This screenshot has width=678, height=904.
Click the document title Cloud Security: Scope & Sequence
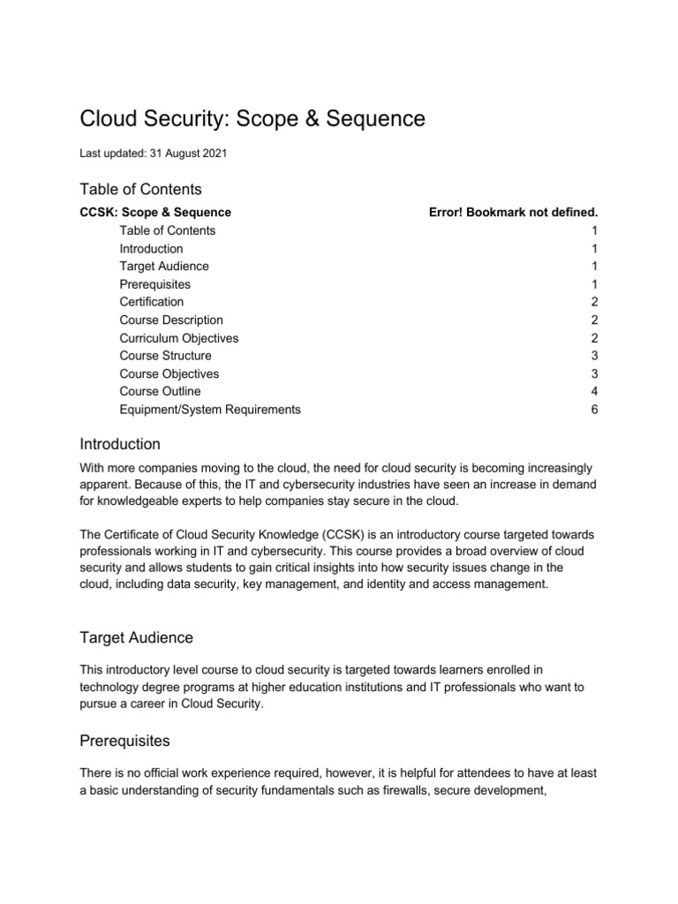coord(252,118)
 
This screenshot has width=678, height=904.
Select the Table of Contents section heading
coord(140,189)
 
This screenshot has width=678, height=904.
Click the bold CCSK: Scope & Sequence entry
coord(155,213)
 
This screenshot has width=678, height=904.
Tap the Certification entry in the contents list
coord(152,302)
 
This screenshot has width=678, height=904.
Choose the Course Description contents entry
coord(171,320)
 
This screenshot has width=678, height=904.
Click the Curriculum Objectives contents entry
coord(179,338)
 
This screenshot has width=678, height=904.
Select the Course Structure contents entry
coord(166,356)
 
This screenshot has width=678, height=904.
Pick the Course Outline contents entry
coord(160,391)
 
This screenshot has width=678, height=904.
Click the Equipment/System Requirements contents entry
coord(210,410)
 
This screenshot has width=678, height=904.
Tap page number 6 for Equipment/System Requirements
coord(594,410)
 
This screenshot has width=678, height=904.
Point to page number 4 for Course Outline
coord(594,391)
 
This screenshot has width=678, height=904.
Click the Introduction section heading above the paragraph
coord(120,443)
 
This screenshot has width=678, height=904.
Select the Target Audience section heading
coord(137,637)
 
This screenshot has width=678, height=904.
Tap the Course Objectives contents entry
coord(169,373)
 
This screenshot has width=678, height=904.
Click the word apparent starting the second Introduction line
coord(104,484)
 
